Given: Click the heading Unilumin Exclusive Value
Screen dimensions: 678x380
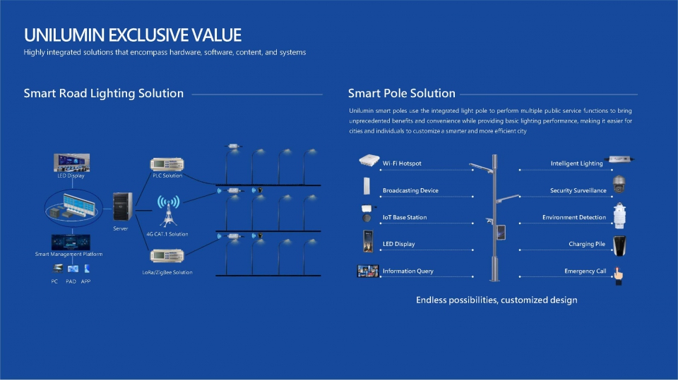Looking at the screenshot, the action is [x=132, y=35].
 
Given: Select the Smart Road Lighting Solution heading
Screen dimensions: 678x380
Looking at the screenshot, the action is [x=103, y=93].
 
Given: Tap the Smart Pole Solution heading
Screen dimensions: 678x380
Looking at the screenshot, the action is [x=401, y=93].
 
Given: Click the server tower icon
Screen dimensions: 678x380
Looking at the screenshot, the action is [x=122, y=207].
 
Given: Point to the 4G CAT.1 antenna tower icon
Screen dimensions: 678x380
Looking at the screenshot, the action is [x=168, y=212].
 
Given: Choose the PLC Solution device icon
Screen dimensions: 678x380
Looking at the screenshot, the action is [x=167, y=164].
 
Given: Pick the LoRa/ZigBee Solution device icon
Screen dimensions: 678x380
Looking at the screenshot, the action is [x=167, y=256].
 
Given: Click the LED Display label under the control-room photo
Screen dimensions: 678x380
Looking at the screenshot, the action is [x=71, y=176].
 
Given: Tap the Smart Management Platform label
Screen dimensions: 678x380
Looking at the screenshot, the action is [x=69, y=254].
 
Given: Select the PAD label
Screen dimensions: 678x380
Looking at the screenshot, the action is [x=71, y=281].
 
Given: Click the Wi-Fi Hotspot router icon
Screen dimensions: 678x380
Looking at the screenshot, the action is [x=369, y=161].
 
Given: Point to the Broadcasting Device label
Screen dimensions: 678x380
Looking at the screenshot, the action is [x=410, y=190].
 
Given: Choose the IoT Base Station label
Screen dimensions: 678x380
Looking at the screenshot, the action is [x=405, y=217].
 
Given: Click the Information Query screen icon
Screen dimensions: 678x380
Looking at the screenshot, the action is [x=367, y=271].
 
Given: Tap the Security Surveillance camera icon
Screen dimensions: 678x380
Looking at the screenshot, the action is [x=619, y=185].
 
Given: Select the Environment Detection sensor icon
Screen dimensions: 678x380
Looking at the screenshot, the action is [x=619, y=216].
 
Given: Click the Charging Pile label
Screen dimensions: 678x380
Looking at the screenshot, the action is [x=587, y=244].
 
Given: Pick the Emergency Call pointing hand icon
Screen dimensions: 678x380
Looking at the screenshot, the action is [x=619, y=276].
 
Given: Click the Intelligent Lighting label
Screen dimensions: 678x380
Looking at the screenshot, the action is [x=576, y=164].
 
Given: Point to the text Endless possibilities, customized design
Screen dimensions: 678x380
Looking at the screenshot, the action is [x=496, y=300].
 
